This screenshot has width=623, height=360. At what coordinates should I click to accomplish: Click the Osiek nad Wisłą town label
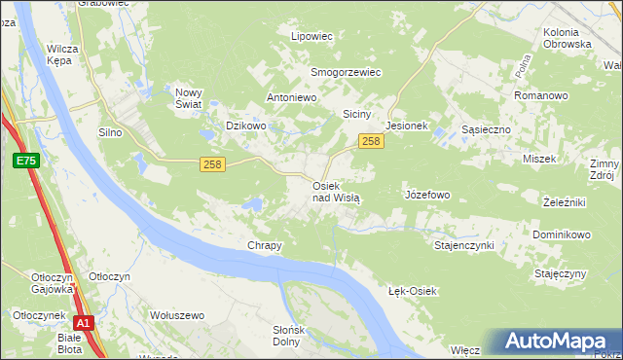click(336, 191)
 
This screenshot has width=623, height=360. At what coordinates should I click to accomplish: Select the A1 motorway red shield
click(85, 324)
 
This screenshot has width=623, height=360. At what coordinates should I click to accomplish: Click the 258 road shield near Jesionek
click(370, 142)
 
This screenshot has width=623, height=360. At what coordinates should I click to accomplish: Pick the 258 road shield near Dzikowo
click(213, 164)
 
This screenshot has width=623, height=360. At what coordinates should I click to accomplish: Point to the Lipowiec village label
click(312, 36)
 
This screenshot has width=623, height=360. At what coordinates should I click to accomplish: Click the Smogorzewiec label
click(345, 72)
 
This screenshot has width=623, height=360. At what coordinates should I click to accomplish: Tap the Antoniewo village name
click(293, 98)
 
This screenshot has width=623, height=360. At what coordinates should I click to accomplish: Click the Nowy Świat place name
click(188, 98)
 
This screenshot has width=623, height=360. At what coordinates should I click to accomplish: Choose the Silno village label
click(115, 132)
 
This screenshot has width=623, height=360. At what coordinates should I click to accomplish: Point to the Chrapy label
click(265, 245)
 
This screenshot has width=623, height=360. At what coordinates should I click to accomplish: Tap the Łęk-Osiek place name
click(413, 292)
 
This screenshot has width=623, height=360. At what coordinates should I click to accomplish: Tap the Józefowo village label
click(426, 195)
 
